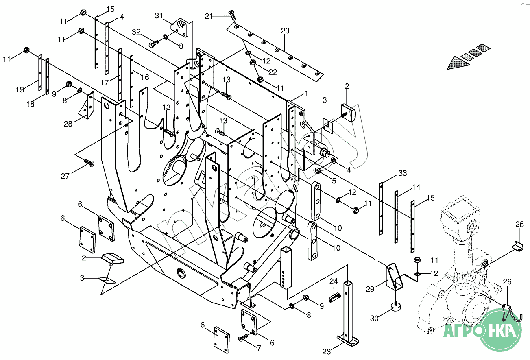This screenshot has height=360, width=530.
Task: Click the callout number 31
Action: [x=159, y=16]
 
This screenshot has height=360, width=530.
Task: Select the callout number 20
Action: [x=285, y=31]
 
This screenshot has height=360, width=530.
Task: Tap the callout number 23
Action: [x=326, y=352]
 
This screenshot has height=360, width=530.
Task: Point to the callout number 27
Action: [x=65, y=176]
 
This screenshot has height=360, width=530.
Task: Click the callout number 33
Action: [x=402, y=173]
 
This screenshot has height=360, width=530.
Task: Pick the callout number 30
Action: [x=374, y=319]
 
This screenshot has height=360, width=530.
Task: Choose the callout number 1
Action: [x=306, y=93]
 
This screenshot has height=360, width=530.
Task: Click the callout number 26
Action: [x=507, y=281]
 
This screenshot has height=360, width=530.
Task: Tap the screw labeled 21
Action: [x=232, y=15]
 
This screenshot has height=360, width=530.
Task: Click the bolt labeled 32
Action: [x=154, y=44]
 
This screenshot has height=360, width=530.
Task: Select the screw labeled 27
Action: [x=89, y=163]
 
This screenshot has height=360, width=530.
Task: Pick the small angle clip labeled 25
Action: [x=518, y=246]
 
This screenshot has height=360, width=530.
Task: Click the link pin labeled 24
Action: [x=335, y=297]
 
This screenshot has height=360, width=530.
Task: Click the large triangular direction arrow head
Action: [x=458, y=63]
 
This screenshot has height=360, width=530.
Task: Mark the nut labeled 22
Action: [x=253, y=63]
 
